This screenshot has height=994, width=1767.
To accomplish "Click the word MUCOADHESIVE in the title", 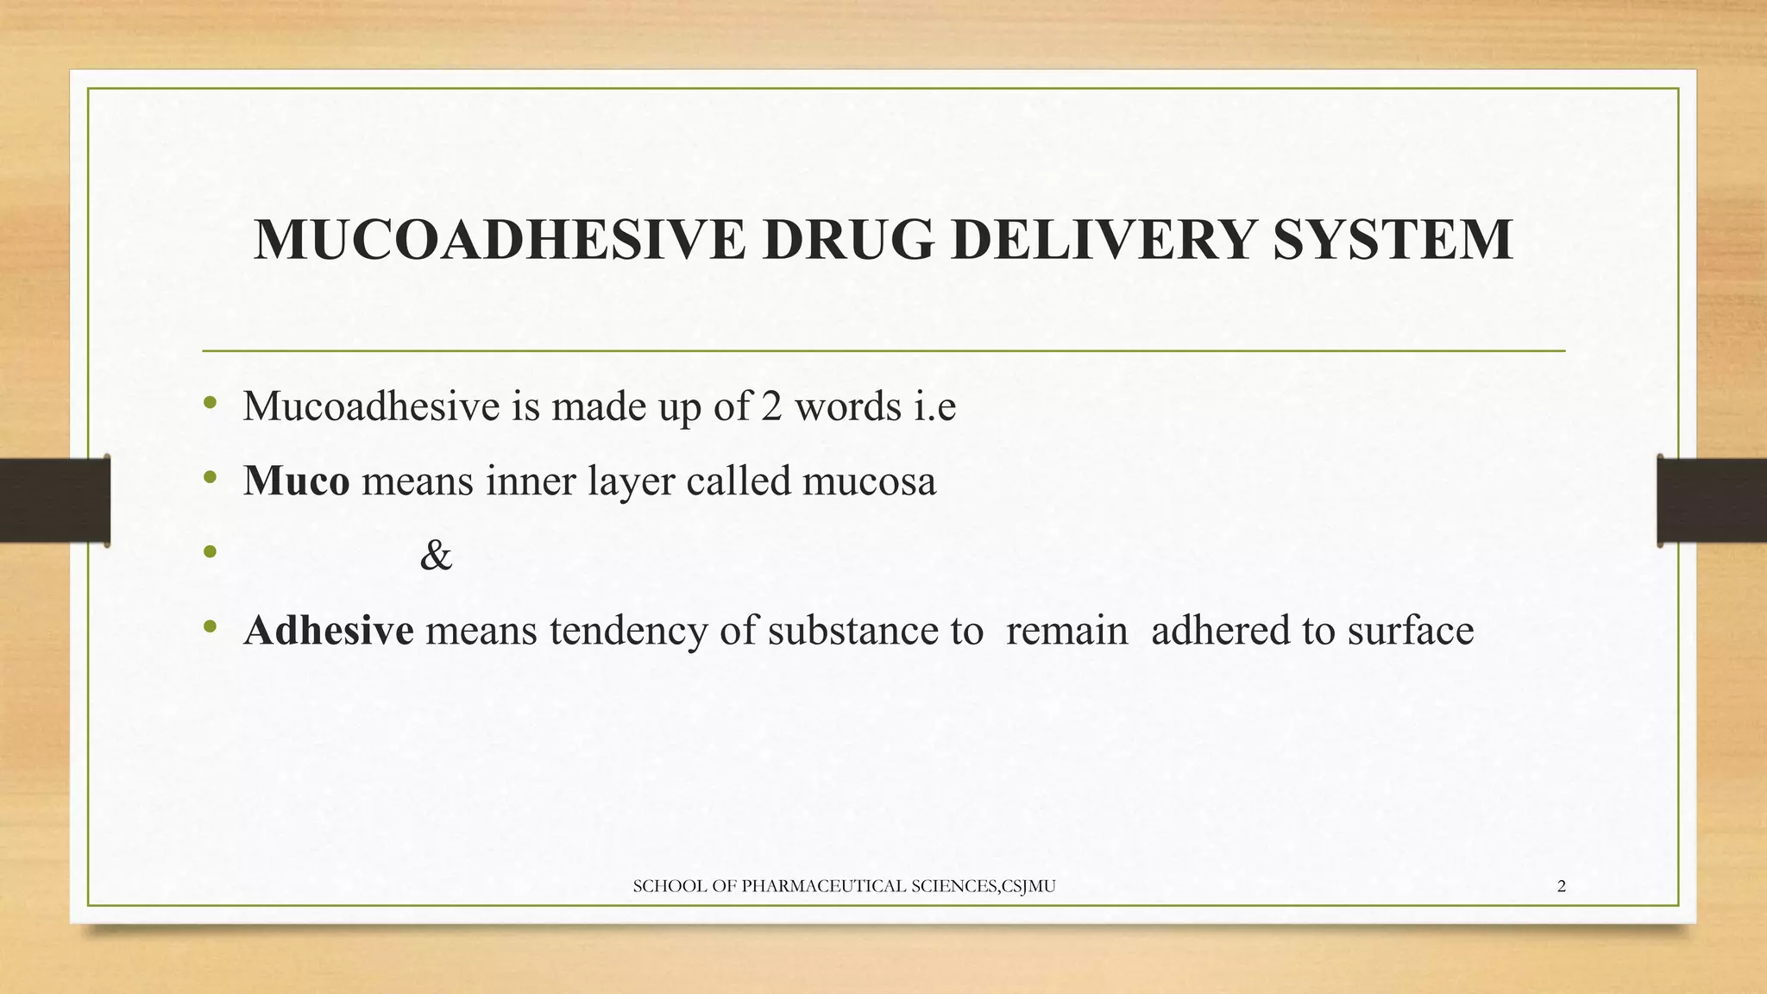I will [x=500, y=240].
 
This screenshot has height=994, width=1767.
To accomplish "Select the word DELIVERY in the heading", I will [x=1104, y=240].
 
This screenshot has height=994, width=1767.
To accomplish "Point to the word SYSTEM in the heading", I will [x=1393, y=240].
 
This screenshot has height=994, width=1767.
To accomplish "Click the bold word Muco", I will [x=297, y=481].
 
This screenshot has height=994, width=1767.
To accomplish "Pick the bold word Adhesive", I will [x=328, y=630].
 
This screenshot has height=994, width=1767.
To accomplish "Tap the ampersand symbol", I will [x=436, y=556].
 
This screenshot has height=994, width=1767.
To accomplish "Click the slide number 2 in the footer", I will [x=1562, y=886].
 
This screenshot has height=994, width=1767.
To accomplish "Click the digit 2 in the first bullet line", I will [x=771, y=406].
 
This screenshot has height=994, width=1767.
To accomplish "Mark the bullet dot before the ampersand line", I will [x=209, y=552].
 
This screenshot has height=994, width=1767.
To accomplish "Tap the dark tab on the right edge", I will [x=1712, y=500].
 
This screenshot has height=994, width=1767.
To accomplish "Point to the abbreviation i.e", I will [x=935, y=406].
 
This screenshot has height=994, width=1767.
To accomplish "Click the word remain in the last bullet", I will [x=1067, y=630].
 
